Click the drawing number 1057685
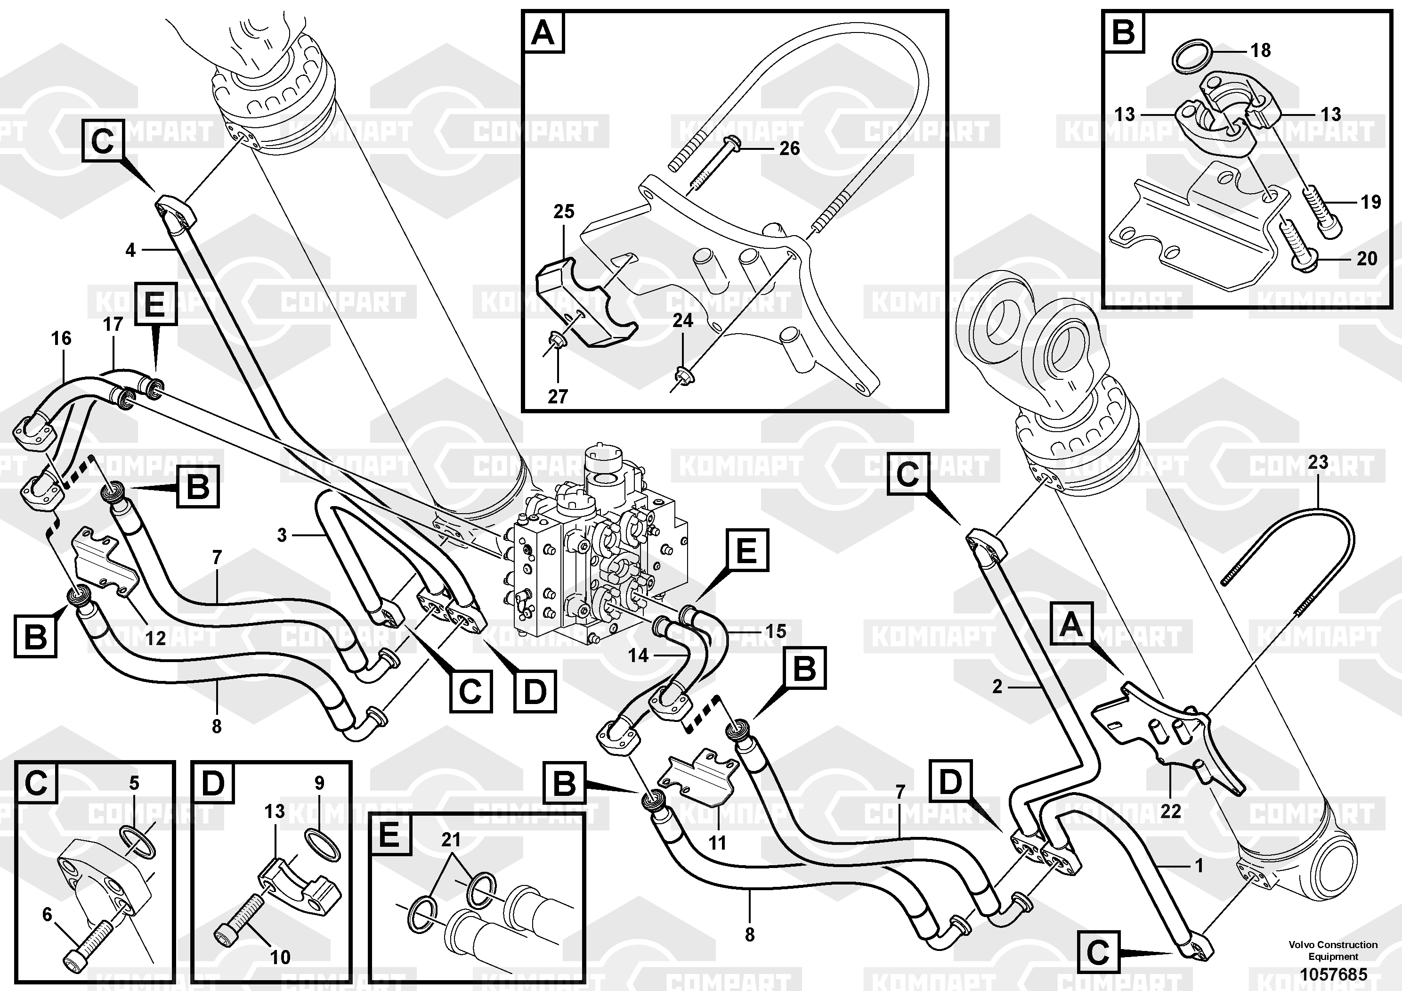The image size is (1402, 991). (1332, 974)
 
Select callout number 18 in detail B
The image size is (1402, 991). (1260, 50)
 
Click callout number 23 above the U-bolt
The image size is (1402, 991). (1318, 462)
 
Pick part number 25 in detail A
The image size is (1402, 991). (564, 212)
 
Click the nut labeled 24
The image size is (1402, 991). (681, 373)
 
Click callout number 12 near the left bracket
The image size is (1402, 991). (155, 639)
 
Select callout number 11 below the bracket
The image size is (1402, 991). (717, 843)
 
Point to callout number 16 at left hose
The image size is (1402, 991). (61, 338)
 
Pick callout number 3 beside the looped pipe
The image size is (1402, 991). (282, 535)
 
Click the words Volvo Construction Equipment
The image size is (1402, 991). (1333, 950)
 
